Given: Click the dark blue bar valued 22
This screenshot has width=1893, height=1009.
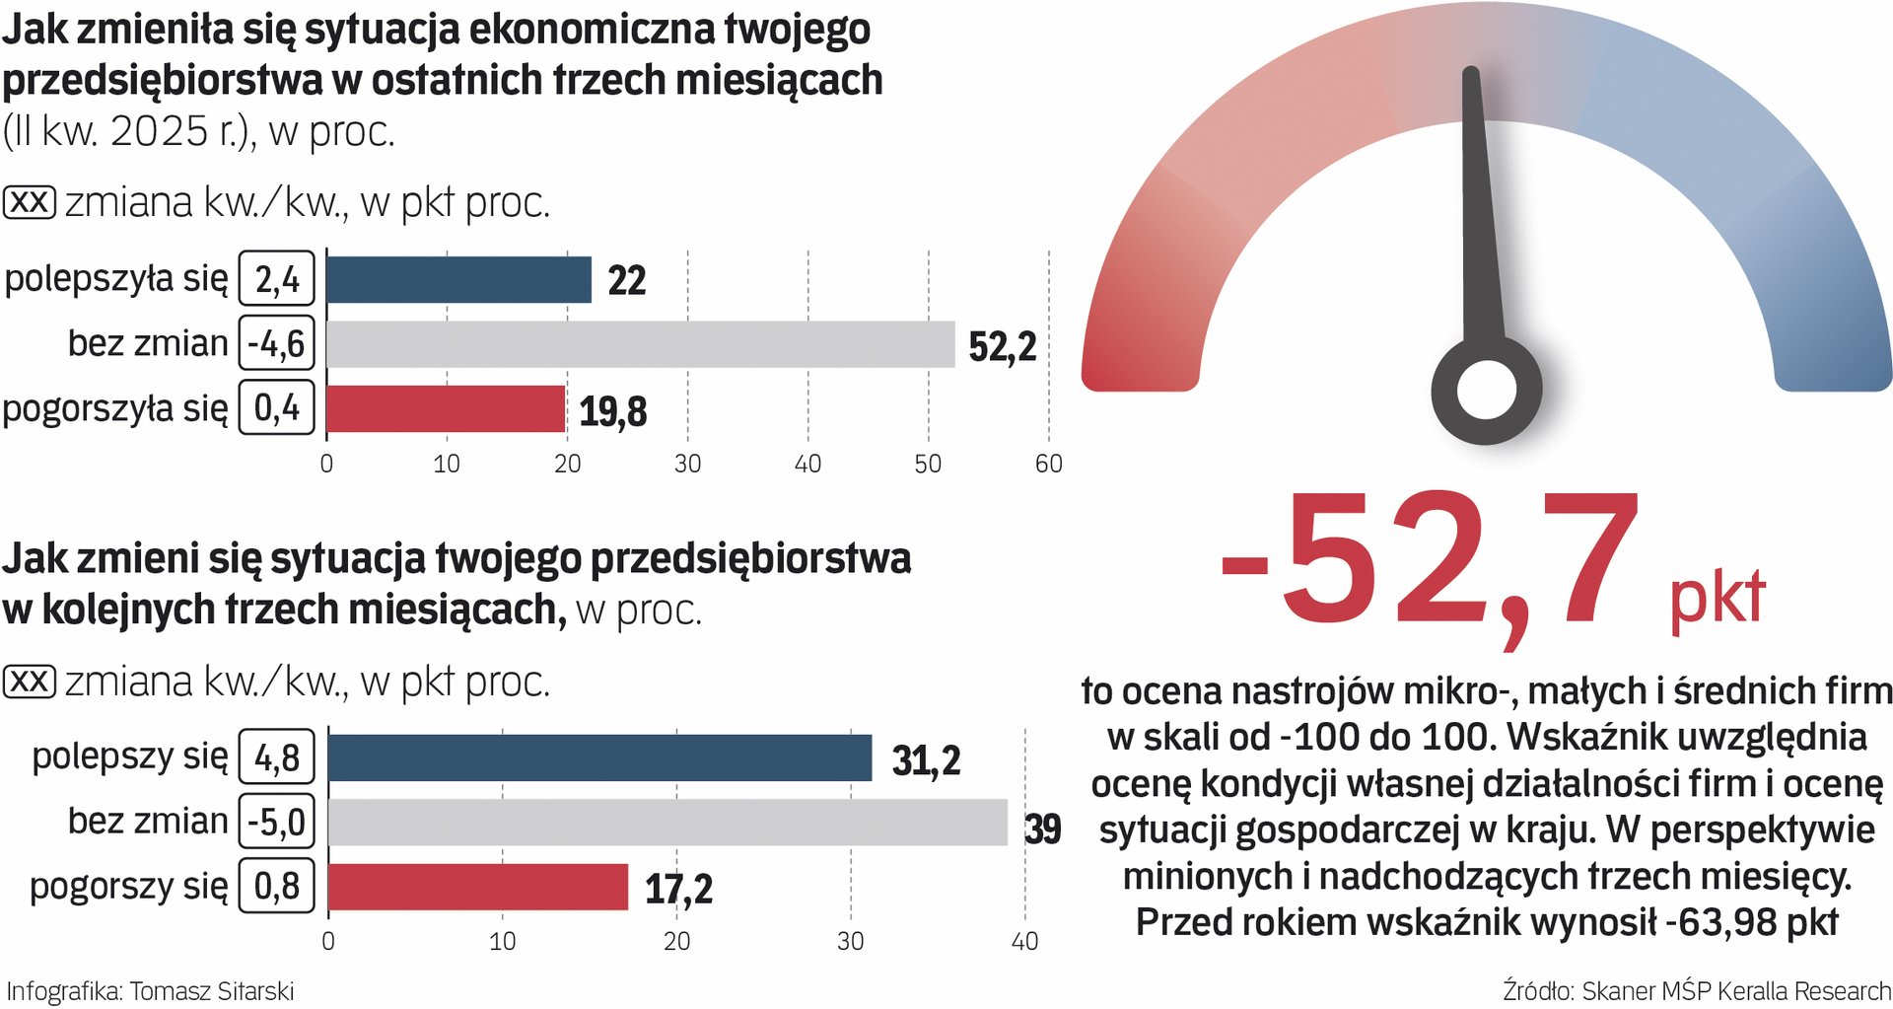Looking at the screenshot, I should (x=458, y=280).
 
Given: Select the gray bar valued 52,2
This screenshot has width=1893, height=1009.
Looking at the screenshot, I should (x=640, y=344).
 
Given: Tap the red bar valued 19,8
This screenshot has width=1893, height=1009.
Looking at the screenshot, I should (x=446, y=408).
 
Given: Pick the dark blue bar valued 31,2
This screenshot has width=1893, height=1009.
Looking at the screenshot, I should (x=599, y=757).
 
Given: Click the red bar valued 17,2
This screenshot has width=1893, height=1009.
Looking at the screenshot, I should (x=477, y=887).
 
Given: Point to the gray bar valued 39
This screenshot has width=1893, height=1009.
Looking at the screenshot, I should (x=667, y=823).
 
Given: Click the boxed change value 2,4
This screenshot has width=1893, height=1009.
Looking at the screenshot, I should (x=277, y=279).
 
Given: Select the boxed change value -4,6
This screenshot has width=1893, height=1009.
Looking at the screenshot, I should (x=277, y=344).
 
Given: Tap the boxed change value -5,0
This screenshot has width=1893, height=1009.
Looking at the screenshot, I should (x=277, y=822).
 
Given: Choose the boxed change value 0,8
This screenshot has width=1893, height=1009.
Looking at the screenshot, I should (x=277, y=886).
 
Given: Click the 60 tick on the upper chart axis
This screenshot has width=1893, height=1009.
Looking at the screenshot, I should (x=1048, y=464).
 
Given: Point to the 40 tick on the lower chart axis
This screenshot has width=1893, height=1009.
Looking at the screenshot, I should (x=1024, y=941).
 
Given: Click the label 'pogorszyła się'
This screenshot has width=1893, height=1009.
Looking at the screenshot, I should (x=115, y=408).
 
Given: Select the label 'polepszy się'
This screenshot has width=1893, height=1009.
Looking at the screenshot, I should (x=129, y=757).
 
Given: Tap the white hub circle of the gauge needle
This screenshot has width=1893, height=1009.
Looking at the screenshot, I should (x=1486, y=390).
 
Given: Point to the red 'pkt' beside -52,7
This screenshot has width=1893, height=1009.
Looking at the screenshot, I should (x=1717, y=598).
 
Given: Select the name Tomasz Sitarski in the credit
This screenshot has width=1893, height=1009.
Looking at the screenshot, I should (x=212, y=991).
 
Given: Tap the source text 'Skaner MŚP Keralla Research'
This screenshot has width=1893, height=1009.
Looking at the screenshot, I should (x=1735, y=991).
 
